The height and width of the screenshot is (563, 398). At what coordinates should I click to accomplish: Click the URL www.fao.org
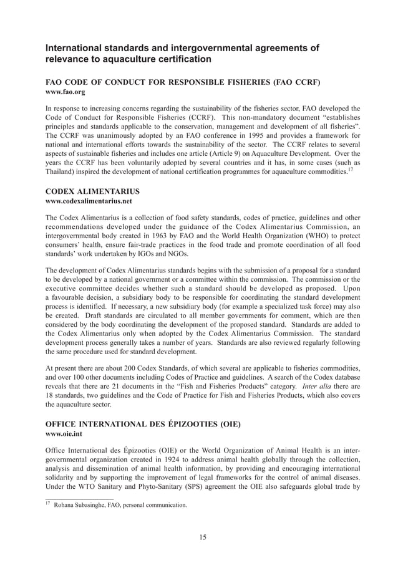point(65,92)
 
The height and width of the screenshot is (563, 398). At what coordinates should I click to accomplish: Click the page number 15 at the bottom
point(203,537)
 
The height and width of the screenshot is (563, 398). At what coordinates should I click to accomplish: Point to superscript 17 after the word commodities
point(351,169)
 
